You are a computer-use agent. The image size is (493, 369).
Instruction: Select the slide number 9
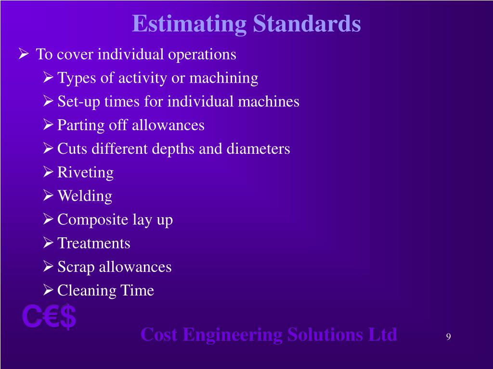tap(448, 336)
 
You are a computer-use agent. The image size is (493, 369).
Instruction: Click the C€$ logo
tap(49, 317)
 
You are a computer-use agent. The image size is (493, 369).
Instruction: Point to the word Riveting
tap(85, 172)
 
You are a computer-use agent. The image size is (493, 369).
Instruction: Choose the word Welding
tap(85, 196)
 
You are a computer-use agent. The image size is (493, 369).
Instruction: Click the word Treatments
tap(94, 243)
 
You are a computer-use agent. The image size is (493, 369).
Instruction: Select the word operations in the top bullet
tap(202, 55)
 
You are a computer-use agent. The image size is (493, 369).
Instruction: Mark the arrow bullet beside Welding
tap(48, 196)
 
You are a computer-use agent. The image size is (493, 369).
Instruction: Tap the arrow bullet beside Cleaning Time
tap(48, 290)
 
